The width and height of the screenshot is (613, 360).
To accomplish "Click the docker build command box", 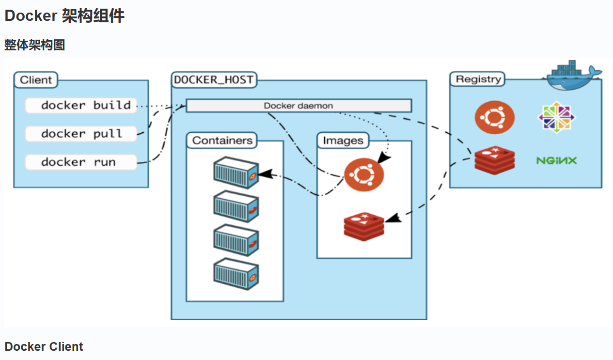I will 81,105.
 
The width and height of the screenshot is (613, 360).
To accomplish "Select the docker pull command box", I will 81,134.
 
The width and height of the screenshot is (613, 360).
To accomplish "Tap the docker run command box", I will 81,162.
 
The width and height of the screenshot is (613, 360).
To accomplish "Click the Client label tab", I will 36,80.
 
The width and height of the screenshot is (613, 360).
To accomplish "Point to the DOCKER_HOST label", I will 214,80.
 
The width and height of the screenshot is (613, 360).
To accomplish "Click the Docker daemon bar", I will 299,106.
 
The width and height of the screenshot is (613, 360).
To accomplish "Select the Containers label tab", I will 222,141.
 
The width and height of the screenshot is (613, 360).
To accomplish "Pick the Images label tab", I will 343,141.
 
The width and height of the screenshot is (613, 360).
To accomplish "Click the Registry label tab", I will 477,79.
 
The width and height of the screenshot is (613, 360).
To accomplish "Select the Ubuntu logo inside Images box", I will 363,175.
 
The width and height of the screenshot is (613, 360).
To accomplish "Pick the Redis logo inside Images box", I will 363,226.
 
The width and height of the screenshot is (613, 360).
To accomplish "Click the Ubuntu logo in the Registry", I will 494,117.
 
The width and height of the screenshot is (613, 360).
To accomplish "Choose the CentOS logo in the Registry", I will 557,117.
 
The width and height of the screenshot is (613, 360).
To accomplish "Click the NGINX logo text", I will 557,160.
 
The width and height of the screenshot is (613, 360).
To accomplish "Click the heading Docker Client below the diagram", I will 44,347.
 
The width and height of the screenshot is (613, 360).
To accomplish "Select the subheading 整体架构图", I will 35,45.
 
